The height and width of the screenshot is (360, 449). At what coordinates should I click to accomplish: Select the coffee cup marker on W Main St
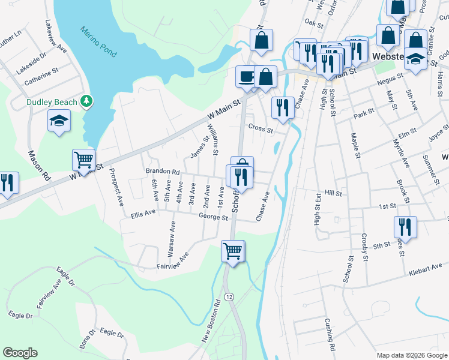pyautogui.click(x=246, y=76)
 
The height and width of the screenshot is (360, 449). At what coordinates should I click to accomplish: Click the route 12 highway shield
pyautogui.click(x=229, y=297)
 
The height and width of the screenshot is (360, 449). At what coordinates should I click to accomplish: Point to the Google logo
pyautogui.click(x=20, y=353)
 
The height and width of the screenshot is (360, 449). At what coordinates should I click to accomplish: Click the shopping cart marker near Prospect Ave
pyautogui.click(x=83, y=160)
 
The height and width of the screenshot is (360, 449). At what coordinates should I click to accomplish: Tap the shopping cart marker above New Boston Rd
pyautogui.click(x=232, y=251)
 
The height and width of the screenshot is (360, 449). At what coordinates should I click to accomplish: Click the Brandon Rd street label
pyautogui.click(x=163, y=171)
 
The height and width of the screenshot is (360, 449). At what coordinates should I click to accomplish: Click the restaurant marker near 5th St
pyautogui.click(x=405, y=227)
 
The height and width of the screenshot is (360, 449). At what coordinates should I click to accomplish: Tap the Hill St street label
pyautogui.click(x=333, y=194)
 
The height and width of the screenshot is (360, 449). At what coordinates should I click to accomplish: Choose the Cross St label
pyautogui.click(x=261, y=128)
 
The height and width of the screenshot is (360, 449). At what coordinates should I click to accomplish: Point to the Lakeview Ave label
pyautogui.click(x=56, y=37)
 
